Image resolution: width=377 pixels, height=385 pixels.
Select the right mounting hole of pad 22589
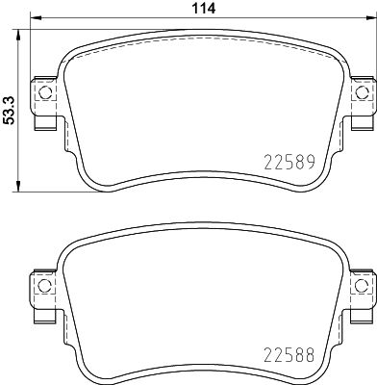[x=363, y=93]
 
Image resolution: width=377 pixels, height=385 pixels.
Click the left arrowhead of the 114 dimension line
[x=32, y=19]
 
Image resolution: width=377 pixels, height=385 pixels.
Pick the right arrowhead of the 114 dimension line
[x=371, y=19]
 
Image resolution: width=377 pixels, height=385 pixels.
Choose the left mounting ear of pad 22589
[x=41, y=104]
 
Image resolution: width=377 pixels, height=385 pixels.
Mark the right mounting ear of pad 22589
[x=361, y=104]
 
